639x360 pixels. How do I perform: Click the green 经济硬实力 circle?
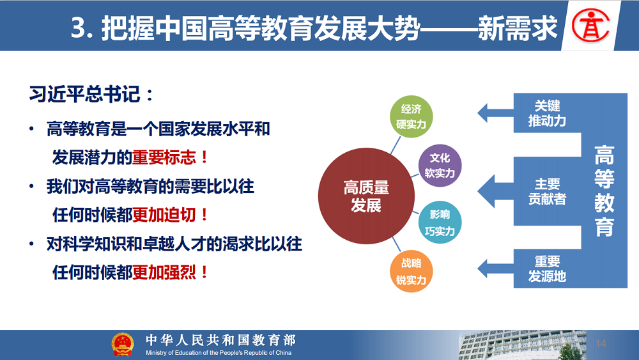(411, 116)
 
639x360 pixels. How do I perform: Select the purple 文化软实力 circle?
(440, 166)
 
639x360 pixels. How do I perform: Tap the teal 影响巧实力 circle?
(440, 223)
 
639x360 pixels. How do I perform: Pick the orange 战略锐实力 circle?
(411, 272)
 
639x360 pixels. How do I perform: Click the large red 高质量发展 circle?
(366, 196)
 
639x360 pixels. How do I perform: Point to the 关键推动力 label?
(547, 113)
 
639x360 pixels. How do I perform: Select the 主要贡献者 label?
(547, 191)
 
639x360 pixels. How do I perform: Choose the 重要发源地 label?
(547, 269)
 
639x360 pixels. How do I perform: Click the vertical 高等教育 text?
(604, 191)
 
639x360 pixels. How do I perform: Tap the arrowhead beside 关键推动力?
(482, 113)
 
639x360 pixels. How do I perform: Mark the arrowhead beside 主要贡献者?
(486, 191)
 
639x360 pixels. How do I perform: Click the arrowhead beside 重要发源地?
(482, 269)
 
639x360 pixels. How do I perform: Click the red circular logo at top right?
(590, 26)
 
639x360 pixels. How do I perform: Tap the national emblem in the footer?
(122, 345)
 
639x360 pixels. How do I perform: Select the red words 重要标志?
(164, 157)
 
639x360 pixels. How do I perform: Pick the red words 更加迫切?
(164, 215)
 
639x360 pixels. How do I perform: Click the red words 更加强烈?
(164, 272)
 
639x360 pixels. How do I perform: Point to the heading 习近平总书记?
(85, 94)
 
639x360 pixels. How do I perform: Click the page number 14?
(601, 343)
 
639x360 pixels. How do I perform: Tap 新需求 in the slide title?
(518, 29)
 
